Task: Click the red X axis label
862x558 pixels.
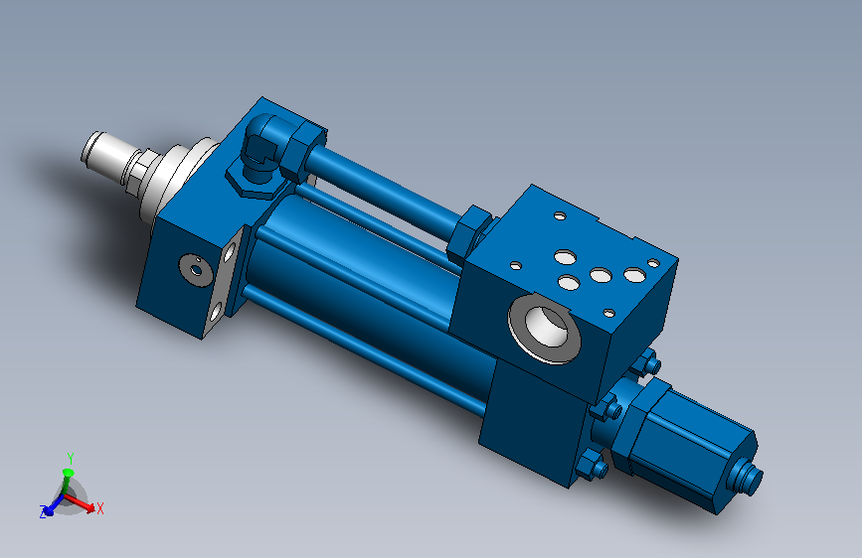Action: click(x=100, y=508)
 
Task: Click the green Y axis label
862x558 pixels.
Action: click(x=71, y=458)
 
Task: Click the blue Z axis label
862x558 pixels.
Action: click(x=43, y=511)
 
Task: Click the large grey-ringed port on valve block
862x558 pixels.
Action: click(x=544, y=329)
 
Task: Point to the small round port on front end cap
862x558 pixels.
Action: click(x=196, y=270)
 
